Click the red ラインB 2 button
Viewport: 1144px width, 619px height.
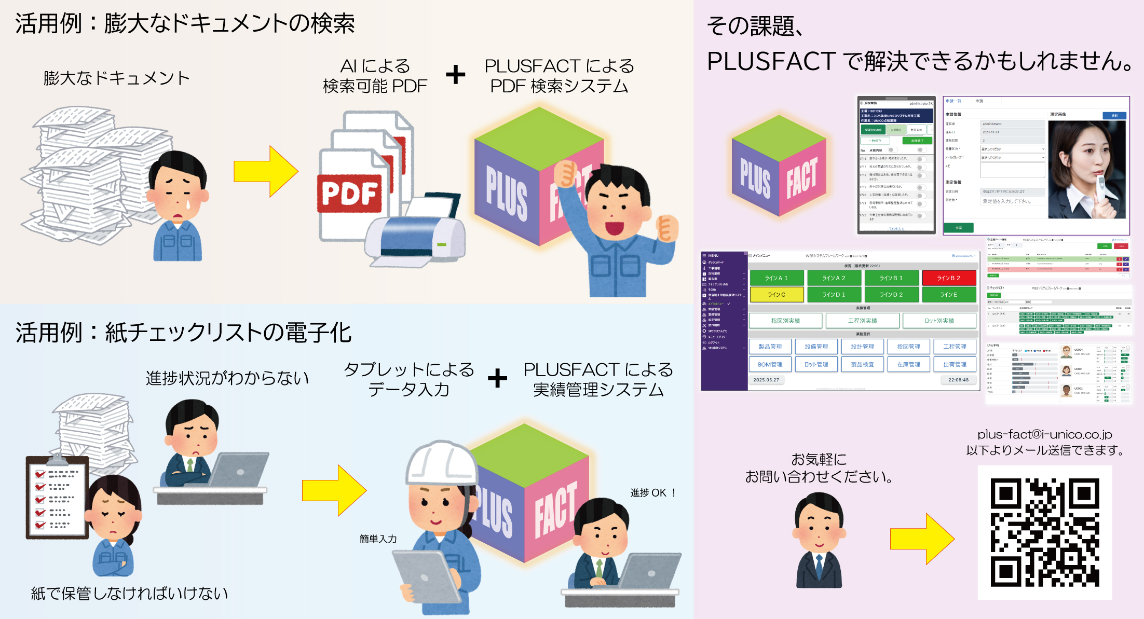pyautogui.click(x=948, y=278)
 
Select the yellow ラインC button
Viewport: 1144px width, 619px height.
pyautogui.click(x=777, y=295)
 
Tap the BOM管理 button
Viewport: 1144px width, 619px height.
pyautogui.click(x=770, y=364)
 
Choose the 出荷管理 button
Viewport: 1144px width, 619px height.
pyautogui.click(x=955, y=364)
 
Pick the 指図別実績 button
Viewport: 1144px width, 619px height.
pyautogui.click(x=785, y=321)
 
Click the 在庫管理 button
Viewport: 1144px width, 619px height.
pyautogui.click(x=908, y=364)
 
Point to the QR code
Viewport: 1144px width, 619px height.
pyautogui.click(x=1044, y=532)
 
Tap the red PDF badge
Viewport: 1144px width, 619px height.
pyautogui.click(x=349, y=194)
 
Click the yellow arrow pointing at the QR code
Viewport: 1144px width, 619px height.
pyautogui.click(x=922, y=539)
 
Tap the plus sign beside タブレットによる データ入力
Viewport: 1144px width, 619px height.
pyautogui.click(x=497, y=378)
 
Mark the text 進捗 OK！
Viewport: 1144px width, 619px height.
pyautogui.click(x=653, y=492)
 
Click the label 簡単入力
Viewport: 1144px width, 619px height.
pyautogui.click(x=378, y=539)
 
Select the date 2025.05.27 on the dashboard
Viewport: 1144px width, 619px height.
pyautogui.click(x=766, y=380)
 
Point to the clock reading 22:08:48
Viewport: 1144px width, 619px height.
pyautogui.click(x=958, y=380)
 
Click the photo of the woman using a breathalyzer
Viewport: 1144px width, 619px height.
pyautogui.click(x=1086, y=170)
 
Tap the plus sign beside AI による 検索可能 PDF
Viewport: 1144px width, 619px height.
pyautogui.click(x=455, y=75)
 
